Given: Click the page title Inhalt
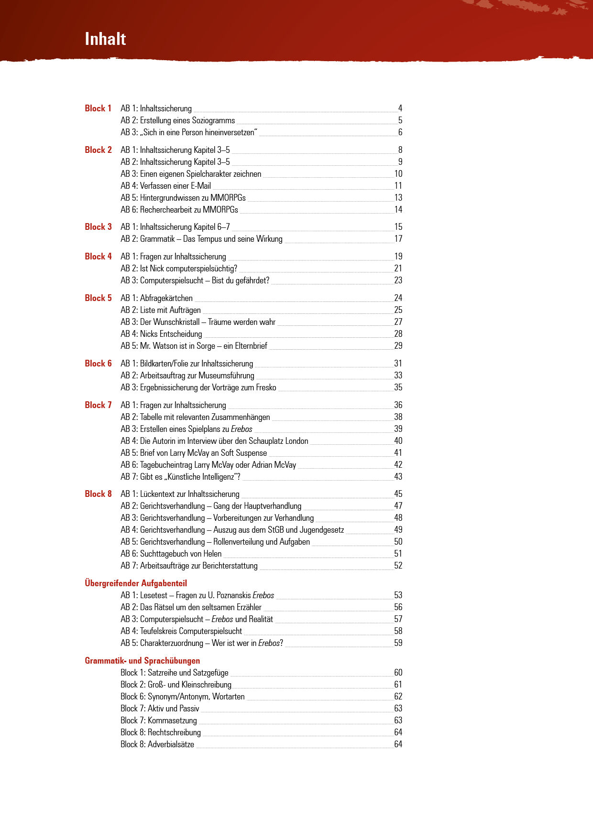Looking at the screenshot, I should tap(105, 39).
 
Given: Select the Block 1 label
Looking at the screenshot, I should tap(98, 108).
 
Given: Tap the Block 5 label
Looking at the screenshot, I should tap(98, 298).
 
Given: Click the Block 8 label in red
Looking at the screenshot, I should tap(98, 494).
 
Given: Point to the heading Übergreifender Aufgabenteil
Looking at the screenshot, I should tap(136, 583).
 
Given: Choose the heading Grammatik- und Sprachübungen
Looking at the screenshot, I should tap(143, 661).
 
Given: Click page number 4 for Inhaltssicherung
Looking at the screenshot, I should tap(400, 108).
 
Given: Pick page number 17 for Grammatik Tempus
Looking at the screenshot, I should tap(398, 239).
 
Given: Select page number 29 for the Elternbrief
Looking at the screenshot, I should tap(398, 346).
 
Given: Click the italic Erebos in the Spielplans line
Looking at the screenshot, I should tap(242, 429).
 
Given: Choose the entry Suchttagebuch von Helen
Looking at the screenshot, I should tap(171, 554).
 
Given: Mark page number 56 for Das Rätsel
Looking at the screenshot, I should tap(398, 607).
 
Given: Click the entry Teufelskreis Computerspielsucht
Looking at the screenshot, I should tap(182, 631).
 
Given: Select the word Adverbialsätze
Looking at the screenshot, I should tap(171, 744).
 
